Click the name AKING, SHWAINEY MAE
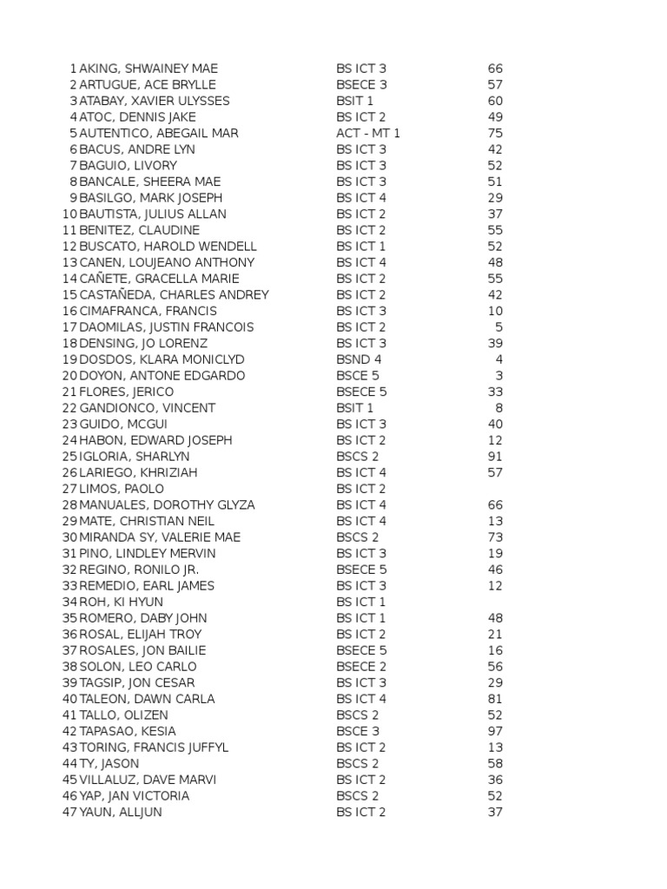(149, 69)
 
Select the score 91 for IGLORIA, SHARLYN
(495, 457)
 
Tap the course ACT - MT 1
(368, 134)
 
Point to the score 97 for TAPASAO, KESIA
(495, 731)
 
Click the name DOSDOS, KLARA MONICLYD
(162, 359)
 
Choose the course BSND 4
(359, 359)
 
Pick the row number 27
(69, 489)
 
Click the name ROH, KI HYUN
(121, 602)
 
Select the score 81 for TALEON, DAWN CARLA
(495, 699)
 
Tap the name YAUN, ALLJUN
(121, 813)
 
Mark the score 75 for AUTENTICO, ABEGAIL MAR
(495, 134)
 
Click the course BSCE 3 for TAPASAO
(358, 731)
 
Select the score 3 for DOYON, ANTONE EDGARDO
(499, 376)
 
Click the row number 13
(69, 263)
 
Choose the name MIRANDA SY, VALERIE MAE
(160, 537)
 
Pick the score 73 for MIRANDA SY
(495, 537)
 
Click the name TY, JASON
(109, 764)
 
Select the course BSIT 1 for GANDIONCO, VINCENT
(355, 408)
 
